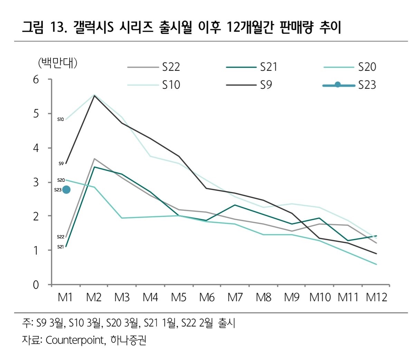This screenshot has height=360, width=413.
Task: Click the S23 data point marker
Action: tap(66, 189)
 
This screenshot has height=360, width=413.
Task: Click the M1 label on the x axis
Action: tap(65, 297)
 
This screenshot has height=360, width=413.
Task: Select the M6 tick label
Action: tap(206, 297)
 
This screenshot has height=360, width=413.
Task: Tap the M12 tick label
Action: tap(376, 297)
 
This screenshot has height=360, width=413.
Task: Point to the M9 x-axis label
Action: tap(291, 297)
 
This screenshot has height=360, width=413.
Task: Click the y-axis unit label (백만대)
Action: tap(57, 63)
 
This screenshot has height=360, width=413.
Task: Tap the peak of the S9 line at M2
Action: tap(94, 96)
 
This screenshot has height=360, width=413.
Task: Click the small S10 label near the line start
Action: tap(60, 120)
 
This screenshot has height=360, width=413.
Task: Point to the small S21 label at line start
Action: tap(60, 247)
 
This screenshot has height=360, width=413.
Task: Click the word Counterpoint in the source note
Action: tap(75, 340)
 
